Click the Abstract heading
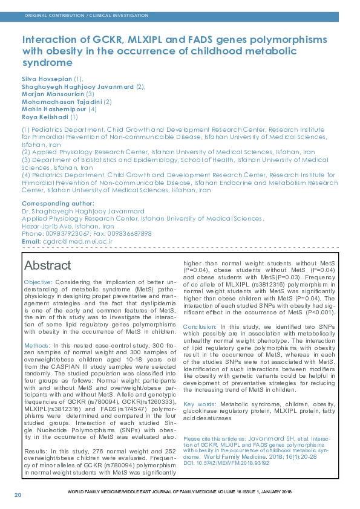pos(47,265)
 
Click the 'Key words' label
pos(198,404)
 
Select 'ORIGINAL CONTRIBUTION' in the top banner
pos(50,15)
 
